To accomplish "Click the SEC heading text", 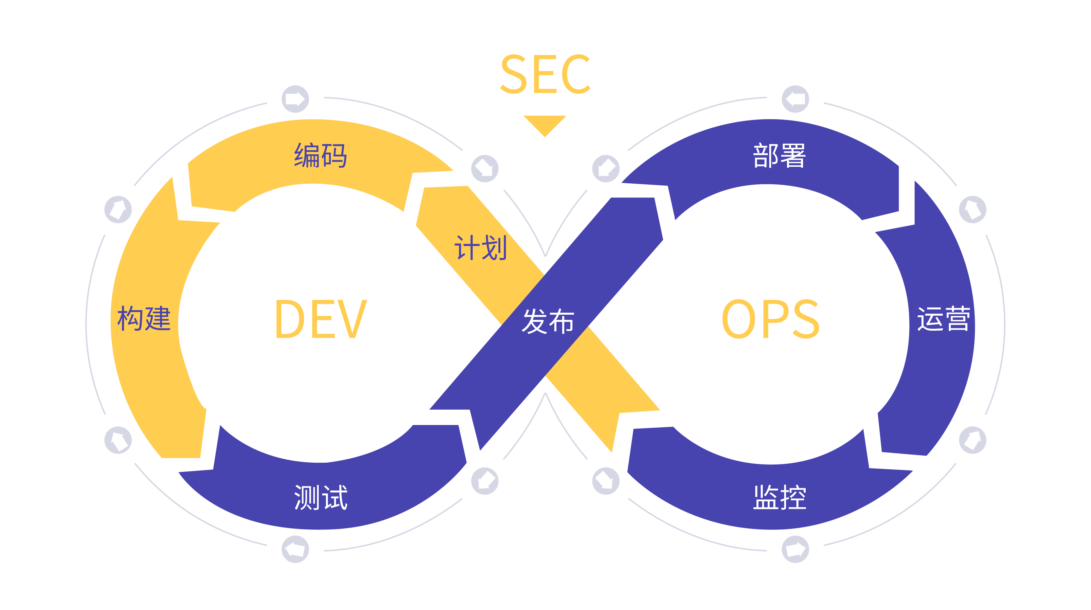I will (545, 74).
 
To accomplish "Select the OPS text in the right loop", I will (770, 319).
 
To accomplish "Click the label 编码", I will (321, 156).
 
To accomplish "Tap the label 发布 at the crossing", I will (548, 321).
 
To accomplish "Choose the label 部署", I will (779, 156).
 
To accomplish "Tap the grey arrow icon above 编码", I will (295, 99).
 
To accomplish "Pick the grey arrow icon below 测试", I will (295, 549).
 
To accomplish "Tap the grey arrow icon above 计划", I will (485, 169).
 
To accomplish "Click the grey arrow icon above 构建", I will (118, 210).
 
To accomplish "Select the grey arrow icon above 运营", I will (973, 210).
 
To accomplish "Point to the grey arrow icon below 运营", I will (973, 440).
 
